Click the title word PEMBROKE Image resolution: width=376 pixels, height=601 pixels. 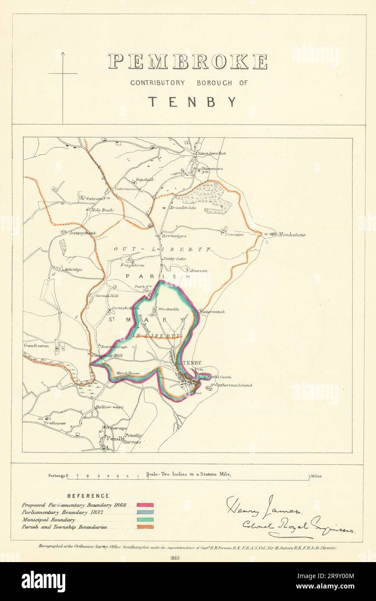coord(188,62)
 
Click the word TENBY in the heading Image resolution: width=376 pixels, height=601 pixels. coord(193,102)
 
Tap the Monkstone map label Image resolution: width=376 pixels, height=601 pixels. coord(292,235)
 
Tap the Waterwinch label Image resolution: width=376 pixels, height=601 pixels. coord(212,311)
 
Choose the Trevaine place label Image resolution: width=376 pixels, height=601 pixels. coord(234,235)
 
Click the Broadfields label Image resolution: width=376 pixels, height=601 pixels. coord(183,208)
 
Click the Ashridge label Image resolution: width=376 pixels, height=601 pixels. coord(73,269)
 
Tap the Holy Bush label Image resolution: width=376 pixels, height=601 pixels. coord(102,210)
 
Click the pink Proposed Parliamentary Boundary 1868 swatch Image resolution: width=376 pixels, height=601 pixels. coord(145,505)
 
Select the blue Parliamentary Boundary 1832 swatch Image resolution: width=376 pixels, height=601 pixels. coord(145,512)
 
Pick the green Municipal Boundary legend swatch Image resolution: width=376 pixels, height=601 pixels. coord(145,519)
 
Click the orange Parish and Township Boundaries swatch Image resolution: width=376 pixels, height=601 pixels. coord(145,527)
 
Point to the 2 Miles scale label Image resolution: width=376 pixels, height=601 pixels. coord(315,476)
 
